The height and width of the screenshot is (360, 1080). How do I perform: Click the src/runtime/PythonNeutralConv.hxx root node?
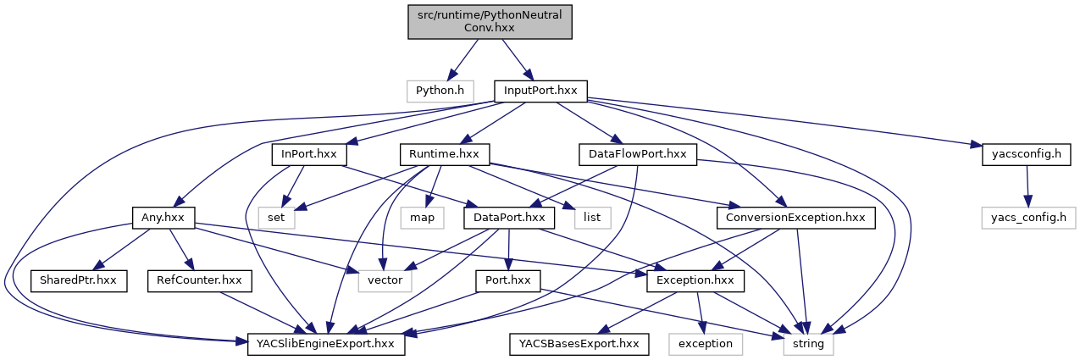[490, 20]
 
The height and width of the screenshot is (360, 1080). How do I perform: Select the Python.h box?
[438, 90]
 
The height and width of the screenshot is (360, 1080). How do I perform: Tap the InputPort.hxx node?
[540, 90]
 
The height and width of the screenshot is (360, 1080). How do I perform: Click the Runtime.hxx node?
[445, 154]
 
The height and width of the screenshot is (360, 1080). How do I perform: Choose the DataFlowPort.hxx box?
[636, 154]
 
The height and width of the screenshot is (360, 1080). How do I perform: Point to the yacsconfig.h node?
[1027, 154]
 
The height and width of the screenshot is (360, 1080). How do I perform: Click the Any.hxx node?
[163, 218]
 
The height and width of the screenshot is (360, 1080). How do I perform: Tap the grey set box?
[275, 218]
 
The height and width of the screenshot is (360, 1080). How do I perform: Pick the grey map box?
[423, 218]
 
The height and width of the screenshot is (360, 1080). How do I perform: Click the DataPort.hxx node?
[509, 218]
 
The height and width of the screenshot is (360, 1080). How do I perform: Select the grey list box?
[592, 218]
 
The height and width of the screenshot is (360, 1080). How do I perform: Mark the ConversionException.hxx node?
[795, 218]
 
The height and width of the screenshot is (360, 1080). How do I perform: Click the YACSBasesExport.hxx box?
[579, 344]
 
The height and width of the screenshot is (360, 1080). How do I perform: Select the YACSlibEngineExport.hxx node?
[325, 344]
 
